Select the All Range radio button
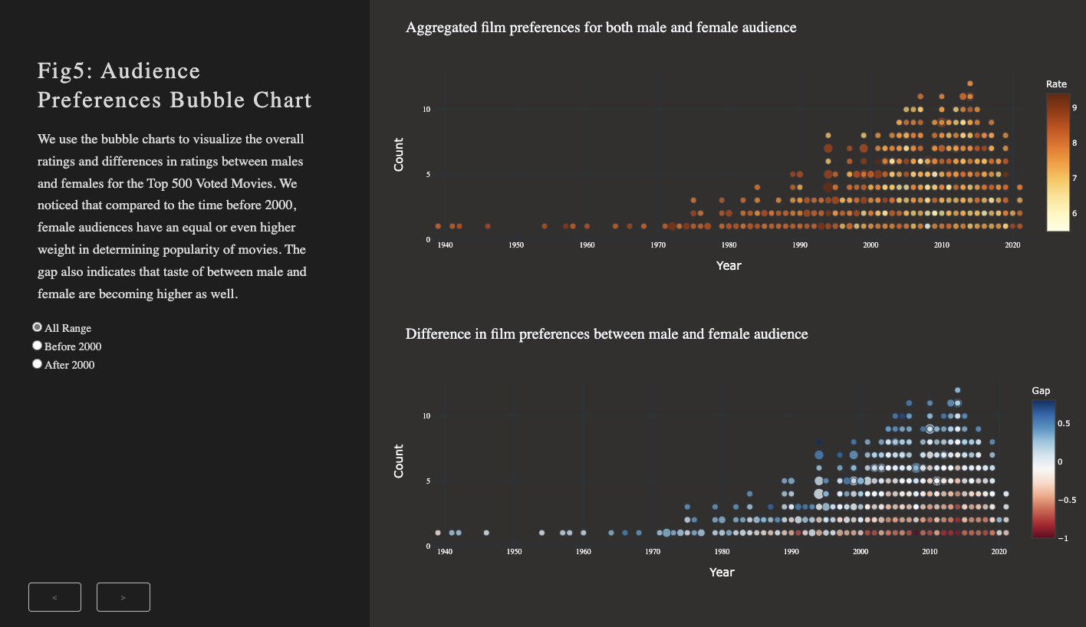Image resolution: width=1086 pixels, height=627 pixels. (37, 327)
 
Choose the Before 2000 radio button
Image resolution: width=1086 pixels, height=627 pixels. (37, 346)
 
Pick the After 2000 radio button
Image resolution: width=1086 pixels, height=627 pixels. (37, 364)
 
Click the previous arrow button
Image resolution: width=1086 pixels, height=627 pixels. (54, 597)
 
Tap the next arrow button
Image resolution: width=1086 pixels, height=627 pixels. (123, 597)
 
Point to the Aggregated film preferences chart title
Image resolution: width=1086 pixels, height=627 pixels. (601, 28)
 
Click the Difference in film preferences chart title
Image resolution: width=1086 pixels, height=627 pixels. (606, 334)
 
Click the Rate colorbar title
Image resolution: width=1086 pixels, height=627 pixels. (1056, 84)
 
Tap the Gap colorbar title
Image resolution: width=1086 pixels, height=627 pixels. (1041, 391)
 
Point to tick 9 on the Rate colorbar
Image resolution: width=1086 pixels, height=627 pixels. (1074, 108)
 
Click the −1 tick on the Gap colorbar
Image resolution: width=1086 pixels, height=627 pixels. (1063, 538)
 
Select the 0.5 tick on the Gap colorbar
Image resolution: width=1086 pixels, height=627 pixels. (1066, 422)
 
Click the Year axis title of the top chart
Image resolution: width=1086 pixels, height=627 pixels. (729, 266)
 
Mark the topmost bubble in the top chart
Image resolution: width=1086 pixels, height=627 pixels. (969, 84)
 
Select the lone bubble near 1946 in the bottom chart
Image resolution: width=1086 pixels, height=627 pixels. (486, 533)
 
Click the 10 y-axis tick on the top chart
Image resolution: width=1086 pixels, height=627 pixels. (426, 109)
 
